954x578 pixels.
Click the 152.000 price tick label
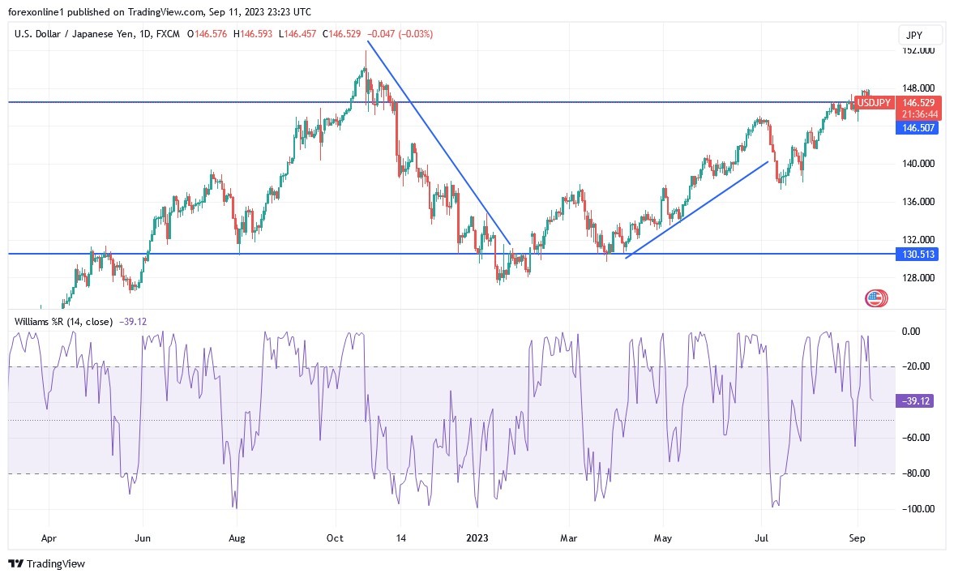[x=919, y=50]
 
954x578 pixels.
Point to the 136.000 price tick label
[x=919, y=202]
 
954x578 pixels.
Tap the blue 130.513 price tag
[x=919, y=254]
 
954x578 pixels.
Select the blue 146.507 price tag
[x=919, y=127]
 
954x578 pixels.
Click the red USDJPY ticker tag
[x=875, y=103]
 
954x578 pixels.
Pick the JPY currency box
[x=920, y=35]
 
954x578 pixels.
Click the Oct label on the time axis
[x=336, y=537]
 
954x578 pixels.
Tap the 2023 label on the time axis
[x=477, y=537]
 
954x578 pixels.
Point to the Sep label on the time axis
[x=857, y=537]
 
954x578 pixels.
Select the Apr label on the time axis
[x=49, y=537]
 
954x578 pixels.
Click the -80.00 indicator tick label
[x=919, y=473]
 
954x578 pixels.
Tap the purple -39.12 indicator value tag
[x=919, y=401]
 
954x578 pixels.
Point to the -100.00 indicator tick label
[x=919, y=509]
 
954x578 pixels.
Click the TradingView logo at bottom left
[x=47, y=563]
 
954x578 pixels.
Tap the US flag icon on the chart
[x=874, y=298]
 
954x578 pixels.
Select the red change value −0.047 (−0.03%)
[x=400, y=34]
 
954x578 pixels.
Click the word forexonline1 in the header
[x=36, y=12]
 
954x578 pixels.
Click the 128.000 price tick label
[x=919, y=278]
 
